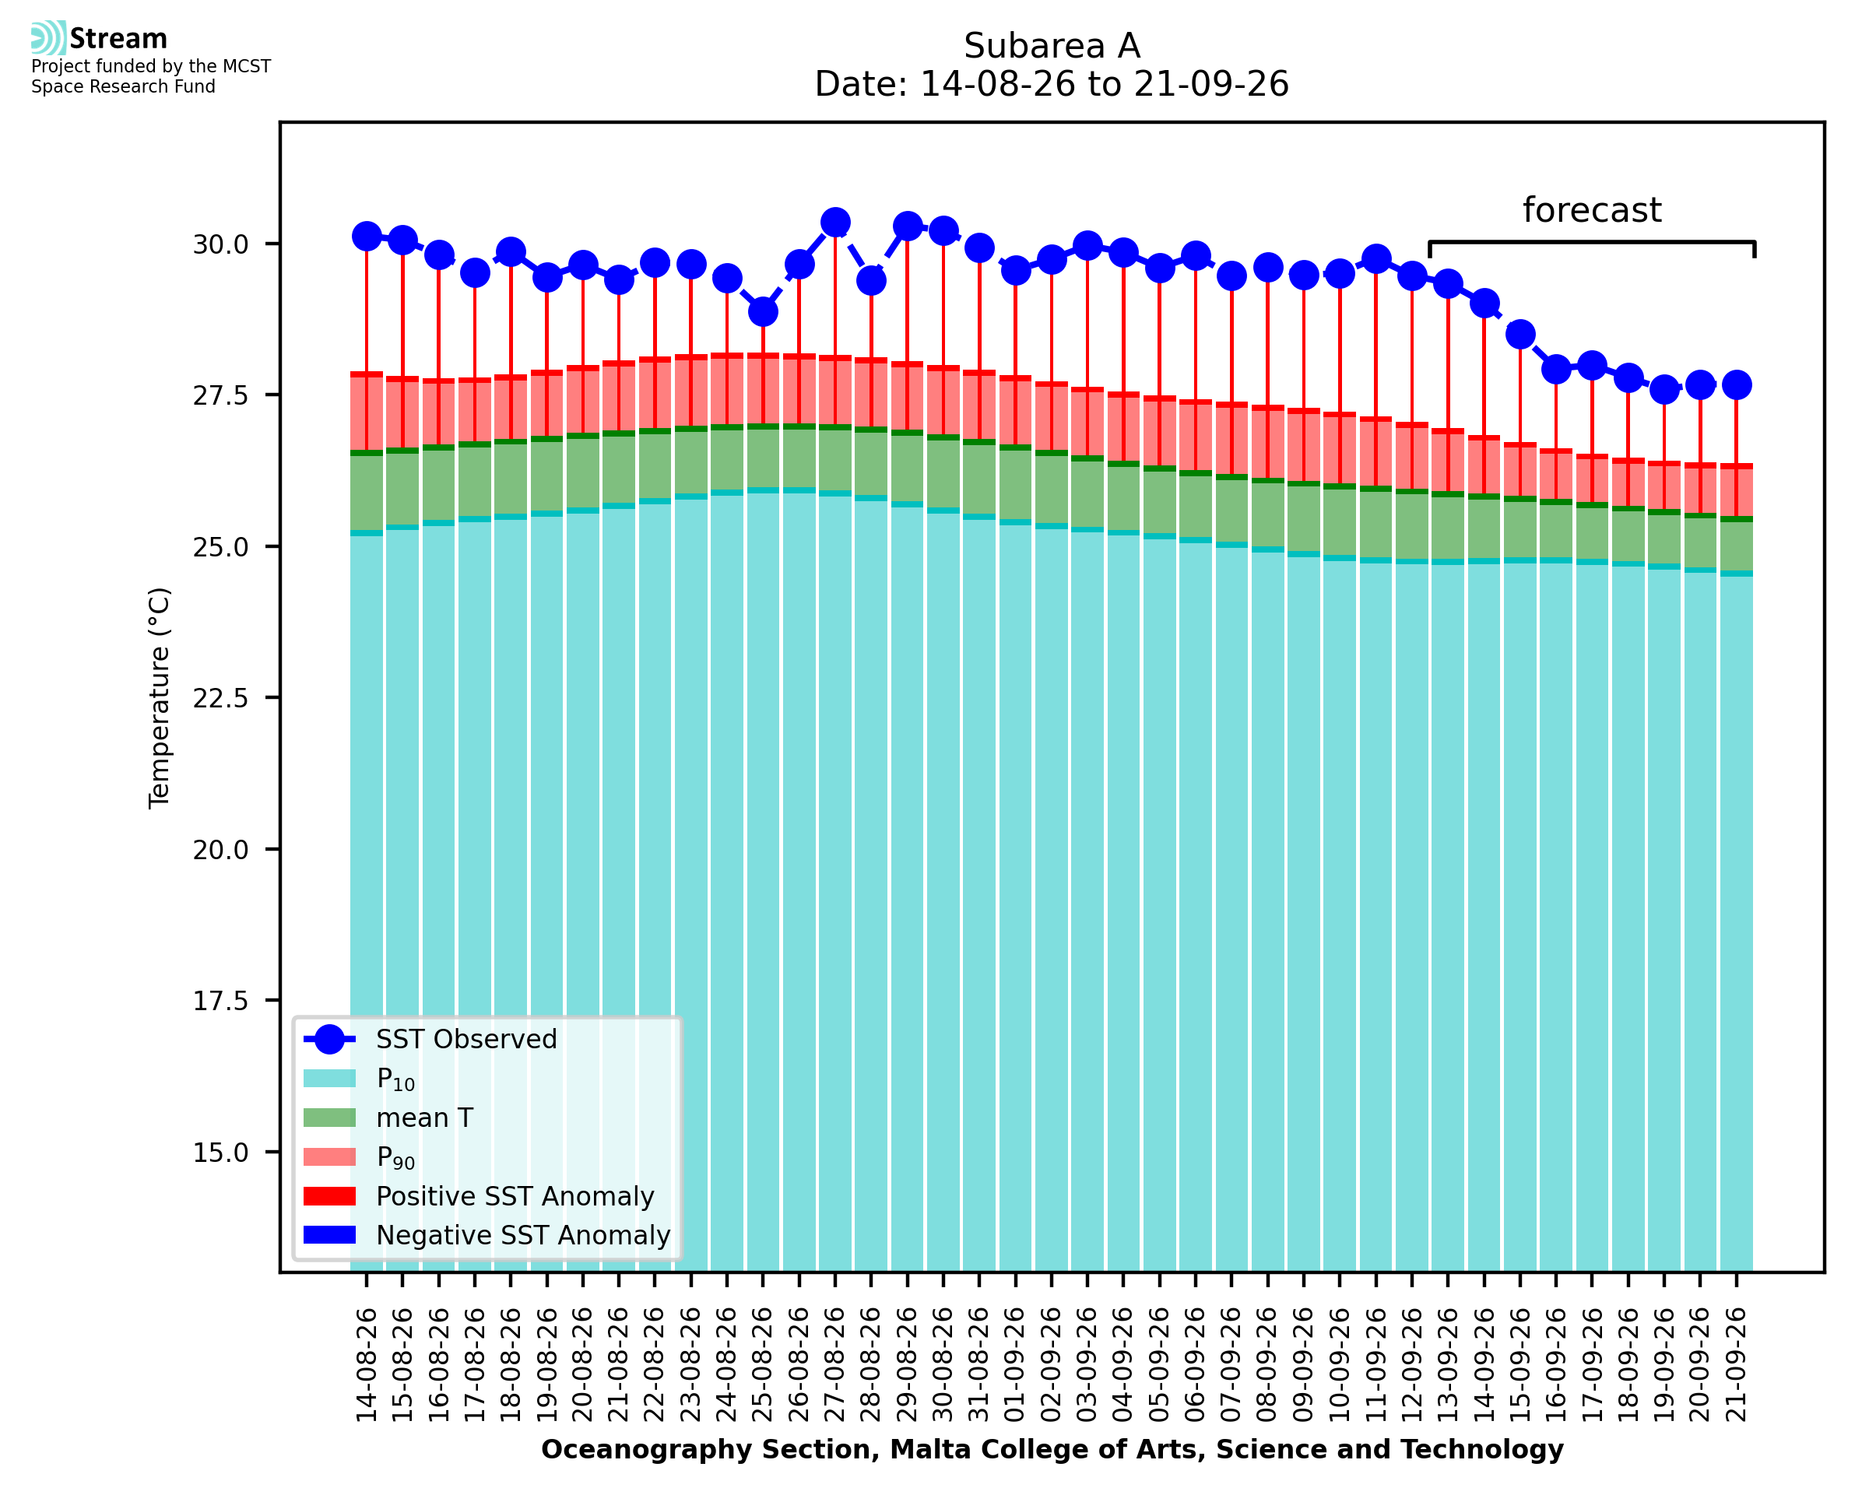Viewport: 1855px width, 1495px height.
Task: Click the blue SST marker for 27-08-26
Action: tap(834, 222)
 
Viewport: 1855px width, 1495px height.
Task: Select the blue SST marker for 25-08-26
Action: tap(763, 312)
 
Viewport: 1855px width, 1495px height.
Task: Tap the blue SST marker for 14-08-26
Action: tap(367, 236)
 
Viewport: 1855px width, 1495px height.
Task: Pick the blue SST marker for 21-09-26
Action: tap(1736, 385)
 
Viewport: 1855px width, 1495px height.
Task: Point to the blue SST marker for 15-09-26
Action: tap(1520, 334)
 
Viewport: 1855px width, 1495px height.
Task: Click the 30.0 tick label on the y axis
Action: tap(220, 244)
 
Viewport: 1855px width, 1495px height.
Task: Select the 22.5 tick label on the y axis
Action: tap(220, 698)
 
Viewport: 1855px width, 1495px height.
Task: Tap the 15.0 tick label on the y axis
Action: tap(220, 1153)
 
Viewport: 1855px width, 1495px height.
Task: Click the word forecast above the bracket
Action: tap(1591, 210)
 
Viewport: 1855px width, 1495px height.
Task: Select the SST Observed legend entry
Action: tap(430, 1040)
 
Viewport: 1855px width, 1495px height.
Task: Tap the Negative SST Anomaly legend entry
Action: tap(487, 1235)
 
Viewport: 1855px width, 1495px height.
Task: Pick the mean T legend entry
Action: tap(388, 1118)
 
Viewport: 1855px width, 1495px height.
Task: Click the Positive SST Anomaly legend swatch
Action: tap(329, 1196)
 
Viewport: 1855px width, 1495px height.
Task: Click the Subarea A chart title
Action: tap(1052, 46)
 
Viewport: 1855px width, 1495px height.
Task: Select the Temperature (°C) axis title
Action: tap(160, 698)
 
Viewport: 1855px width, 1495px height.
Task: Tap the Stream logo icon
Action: tap(48, 38)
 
